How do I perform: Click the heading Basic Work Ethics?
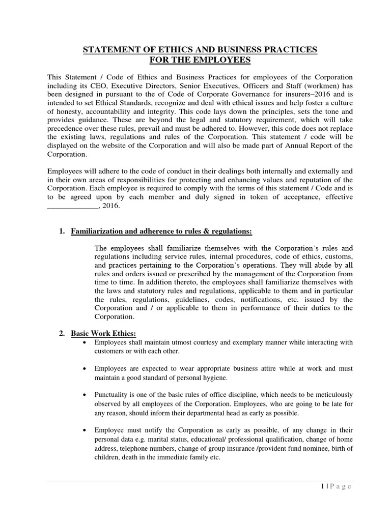tap(97, 333)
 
